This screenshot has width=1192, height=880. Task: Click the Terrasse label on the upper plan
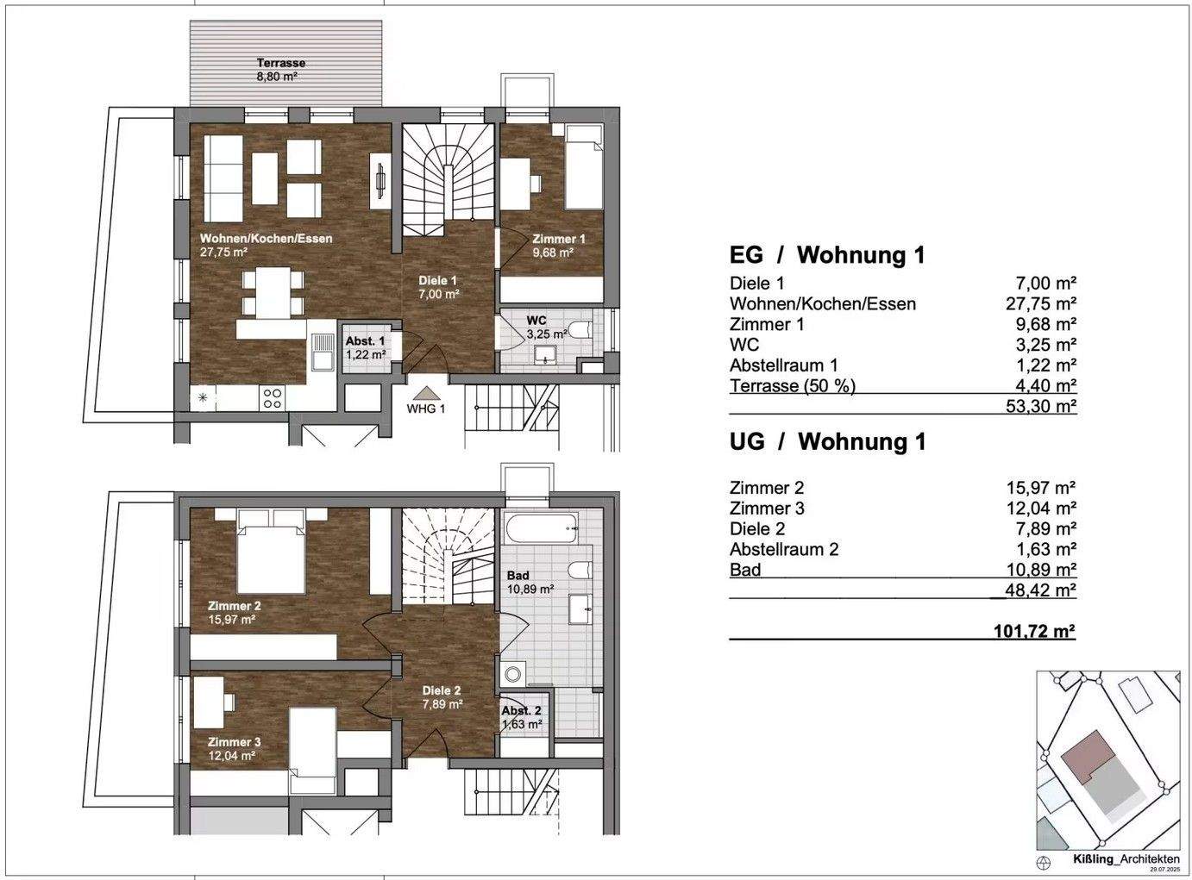coord(280,63)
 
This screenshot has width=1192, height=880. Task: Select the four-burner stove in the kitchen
coord(273,397)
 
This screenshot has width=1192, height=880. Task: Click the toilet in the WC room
coord(582,330)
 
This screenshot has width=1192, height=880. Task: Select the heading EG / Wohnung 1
coord(826,255)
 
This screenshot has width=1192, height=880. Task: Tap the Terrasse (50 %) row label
coord(792,386)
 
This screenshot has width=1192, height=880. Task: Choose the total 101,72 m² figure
coord(1033,632)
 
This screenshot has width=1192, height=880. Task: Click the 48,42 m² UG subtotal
coord(1040,590)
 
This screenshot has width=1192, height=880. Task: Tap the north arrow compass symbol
coord(1045,861)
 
